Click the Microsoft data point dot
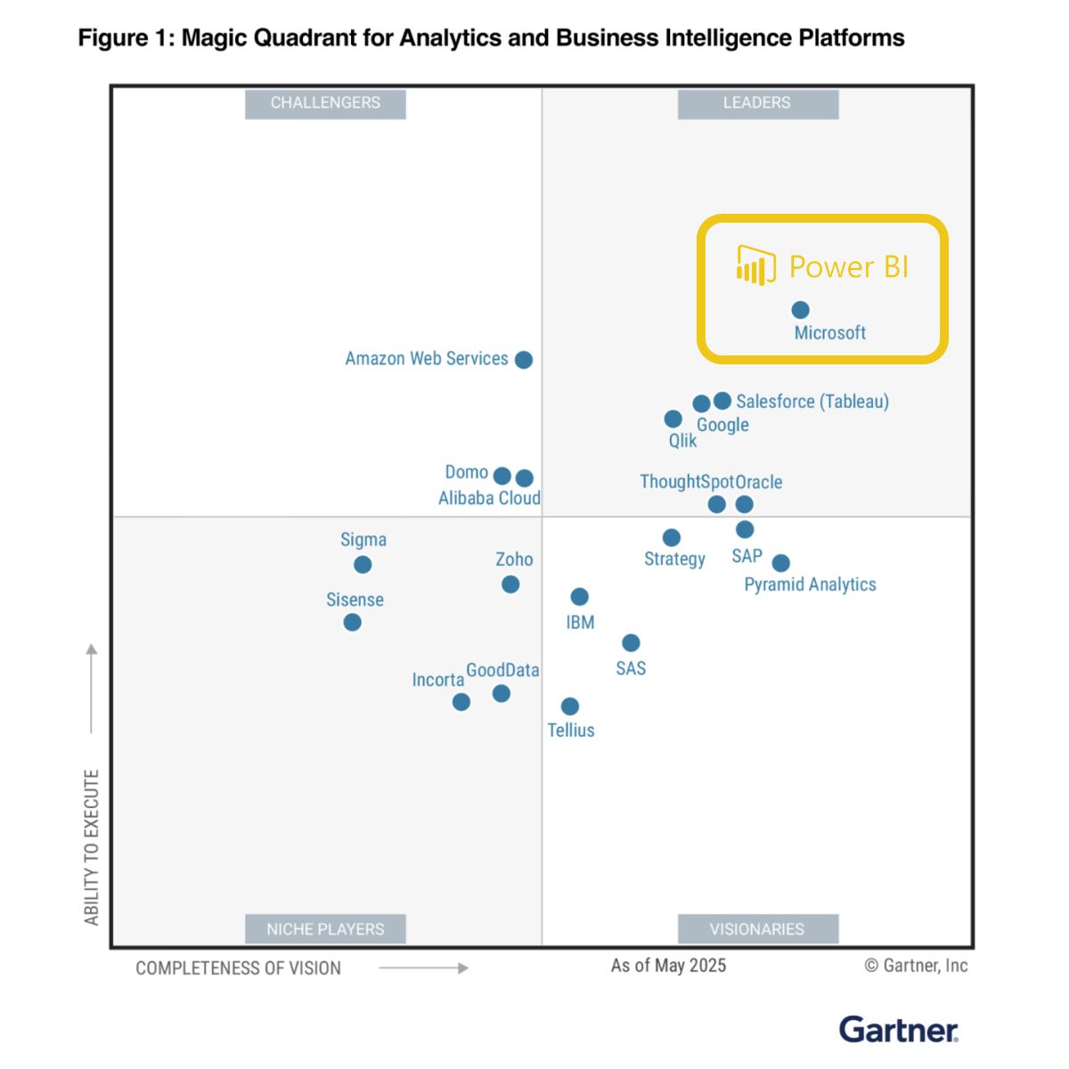click(x=800, y=310)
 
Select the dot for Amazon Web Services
click(x=524, y=360)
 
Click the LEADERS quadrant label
click(x=757, y=103)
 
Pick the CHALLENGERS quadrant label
click(x=325, y=103)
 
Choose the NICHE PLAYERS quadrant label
click(x=325, y=929)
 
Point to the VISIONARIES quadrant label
click(x=757, y=929)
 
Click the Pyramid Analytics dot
click(x=780, y=563)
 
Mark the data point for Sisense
click(x=353, y=622)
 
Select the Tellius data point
click(x=570, y=706)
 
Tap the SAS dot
click(x=631, y=643)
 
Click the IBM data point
click(x=579, y=597)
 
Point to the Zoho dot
click(x=510, y=584)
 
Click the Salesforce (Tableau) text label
click(x=812, y=402)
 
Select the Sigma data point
click(x=363, y=565)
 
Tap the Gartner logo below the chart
click(x=898, y=1030)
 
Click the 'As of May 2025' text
click(x=668, y=966)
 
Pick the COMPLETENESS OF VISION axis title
click(x=238, y=968)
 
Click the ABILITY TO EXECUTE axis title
click(x=92, y=847)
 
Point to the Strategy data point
click(x=672, y=537)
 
